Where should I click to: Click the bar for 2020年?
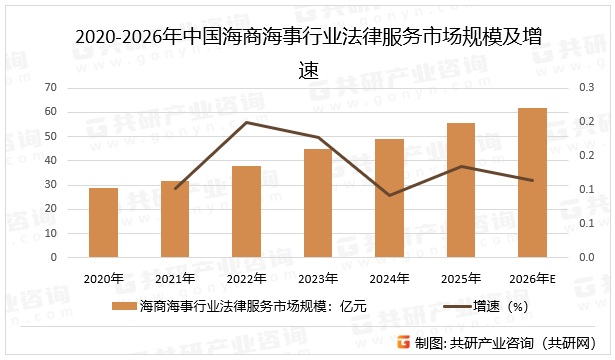[103, 222]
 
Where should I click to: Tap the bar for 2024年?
[389, 198]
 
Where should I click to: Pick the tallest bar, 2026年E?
[532, 182]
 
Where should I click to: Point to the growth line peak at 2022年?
[246, 122]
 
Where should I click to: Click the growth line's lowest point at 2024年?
[389, 195]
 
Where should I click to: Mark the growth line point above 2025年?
[461, 166]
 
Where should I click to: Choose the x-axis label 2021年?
[175, 278]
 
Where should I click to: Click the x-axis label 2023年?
[318, 278]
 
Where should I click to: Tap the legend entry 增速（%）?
[500, 306]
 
